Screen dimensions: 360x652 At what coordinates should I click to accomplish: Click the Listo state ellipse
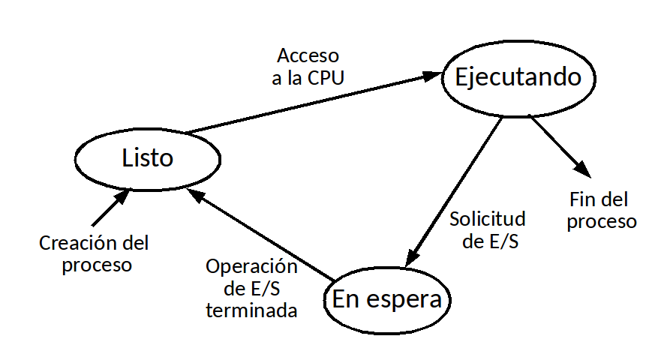pos(147,158)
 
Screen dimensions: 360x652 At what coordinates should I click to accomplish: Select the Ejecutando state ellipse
pos(518,77)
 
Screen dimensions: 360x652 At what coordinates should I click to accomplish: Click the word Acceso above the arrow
pos(308,56)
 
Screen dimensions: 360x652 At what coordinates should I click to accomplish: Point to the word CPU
pos(326,79)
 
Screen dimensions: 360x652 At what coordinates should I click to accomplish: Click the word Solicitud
pos(487,220)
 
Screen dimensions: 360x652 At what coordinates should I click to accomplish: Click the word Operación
pos(251,267)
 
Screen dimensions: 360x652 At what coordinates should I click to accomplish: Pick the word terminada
pos(251,310)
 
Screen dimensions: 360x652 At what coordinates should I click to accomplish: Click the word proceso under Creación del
pos(97,265)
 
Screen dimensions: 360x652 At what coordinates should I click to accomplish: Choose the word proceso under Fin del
pos(602,222)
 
